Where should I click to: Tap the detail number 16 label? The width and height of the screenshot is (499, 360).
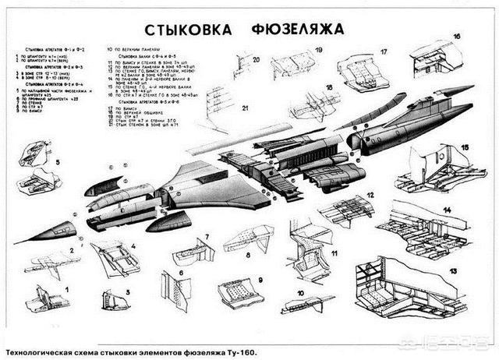(x=457, y=37)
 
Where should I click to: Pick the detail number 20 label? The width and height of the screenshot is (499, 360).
(x=255, y=59)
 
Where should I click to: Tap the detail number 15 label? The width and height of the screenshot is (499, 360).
(x=465, y=146)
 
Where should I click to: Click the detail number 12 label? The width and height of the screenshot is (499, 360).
(x=371, y=195)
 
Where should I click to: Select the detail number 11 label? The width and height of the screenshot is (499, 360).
(x=333, y=254)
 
